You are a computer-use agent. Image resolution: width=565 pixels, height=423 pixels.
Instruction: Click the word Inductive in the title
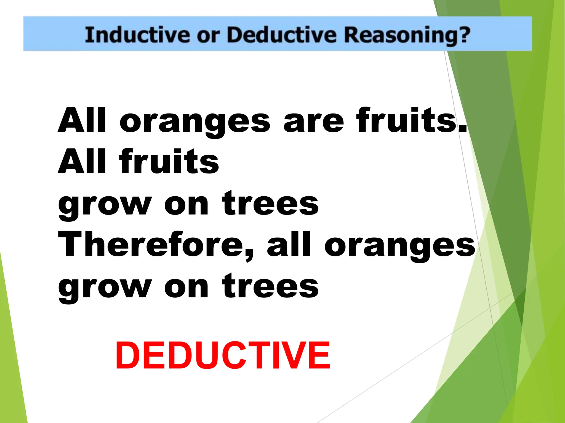click(x=137, y=35)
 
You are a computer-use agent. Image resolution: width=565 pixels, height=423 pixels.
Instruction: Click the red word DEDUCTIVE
click(x=222, y=356)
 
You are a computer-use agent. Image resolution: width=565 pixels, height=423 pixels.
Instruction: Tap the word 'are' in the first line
click(x=314, y=121)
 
